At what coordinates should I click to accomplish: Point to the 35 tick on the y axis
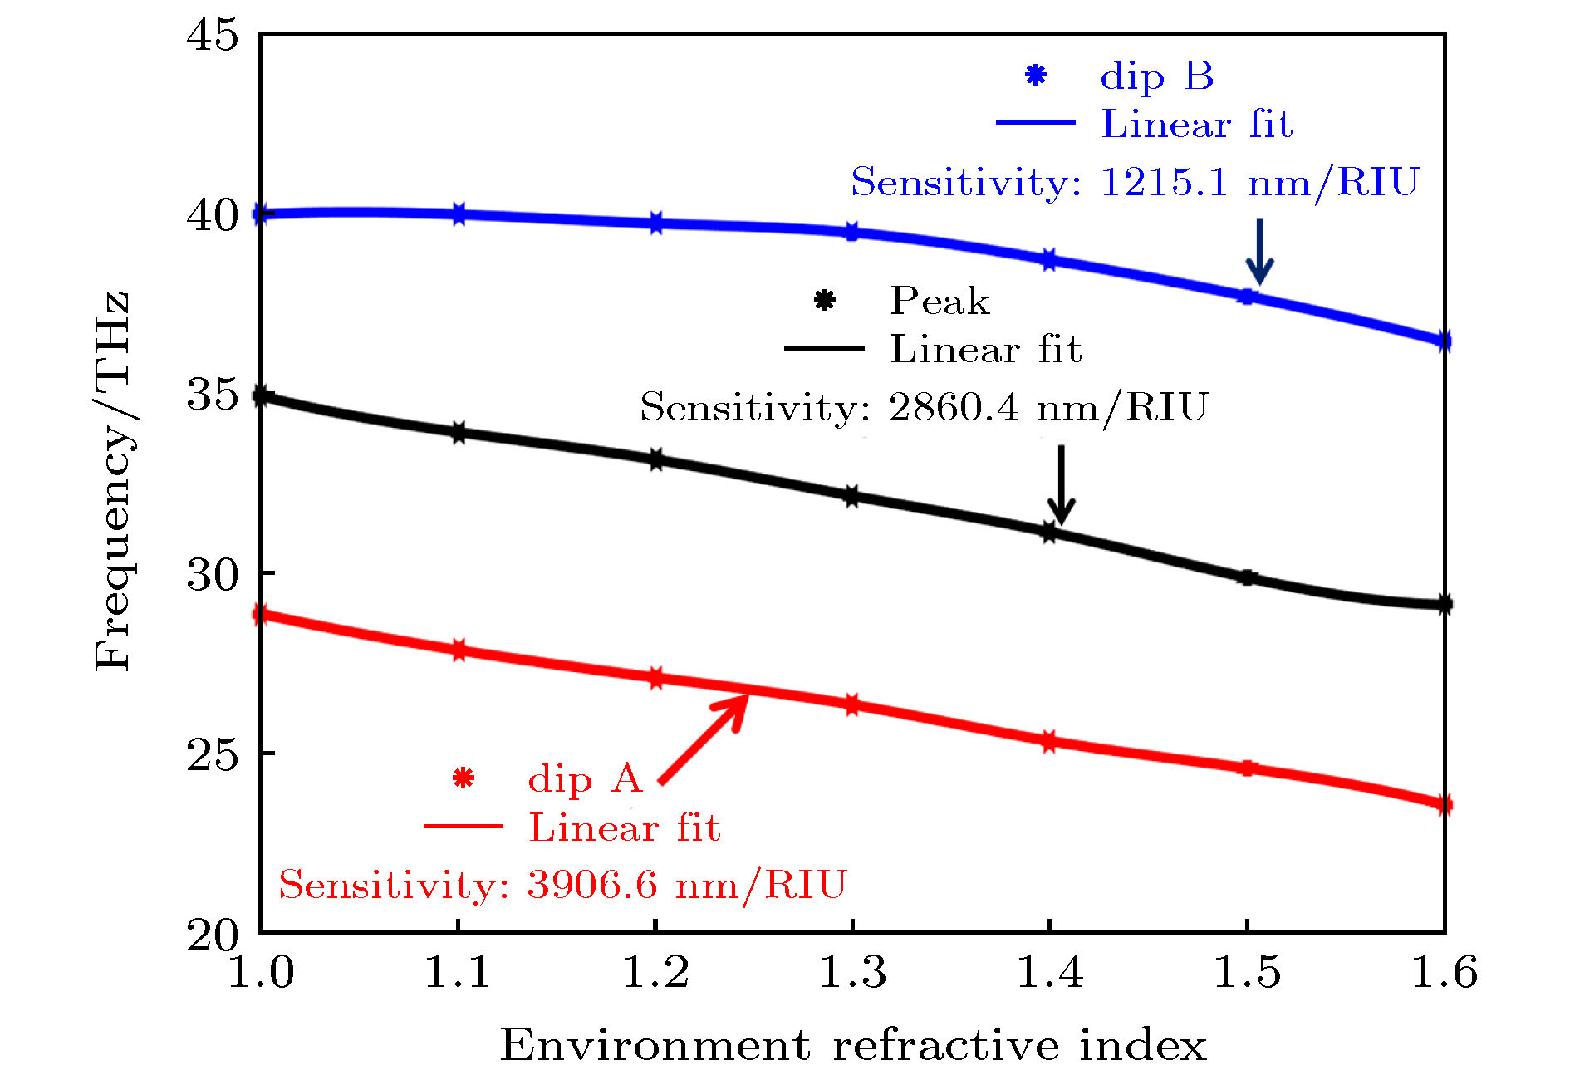coord(212,395)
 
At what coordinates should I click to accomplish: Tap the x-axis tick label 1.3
coord(852,972)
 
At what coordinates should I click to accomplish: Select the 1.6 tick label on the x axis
coord(1444,972)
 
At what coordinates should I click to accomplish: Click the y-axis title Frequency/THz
coord(113,482)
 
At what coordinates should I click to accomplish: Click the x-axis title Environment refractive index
coord(852,1045)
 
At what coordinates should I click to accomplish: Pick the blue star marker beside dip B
coord(1035,76)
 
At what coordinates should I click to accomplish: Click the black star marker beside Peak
coord(824,300)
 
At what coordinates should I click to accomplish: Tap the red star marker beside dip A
coord(464,778)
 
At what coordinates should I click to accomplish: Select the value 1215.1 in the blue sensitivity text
coord(1164,182)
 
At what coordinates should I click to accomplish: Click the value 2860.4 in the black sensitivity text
coord(953,407)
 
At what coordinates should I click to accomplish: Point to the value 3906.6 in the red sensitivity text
coord(591,884)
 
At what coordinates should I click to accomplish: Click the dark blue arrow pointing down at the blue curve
coord(1259,252)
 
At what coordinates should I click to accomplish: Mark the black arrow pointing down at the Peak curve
coord(1061,485)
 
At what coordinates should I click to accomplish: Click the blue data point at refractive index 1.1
coord(459,214)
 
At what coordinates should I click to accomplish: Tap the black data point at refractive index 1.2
coord(655,459)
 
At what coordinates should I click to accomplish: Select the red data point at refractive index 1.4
coord(1049,741)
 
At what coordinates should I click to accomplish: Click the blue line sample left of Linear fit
coord(1035,123)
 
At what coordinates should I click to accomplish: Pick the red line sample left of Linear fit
coord(464,827)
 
